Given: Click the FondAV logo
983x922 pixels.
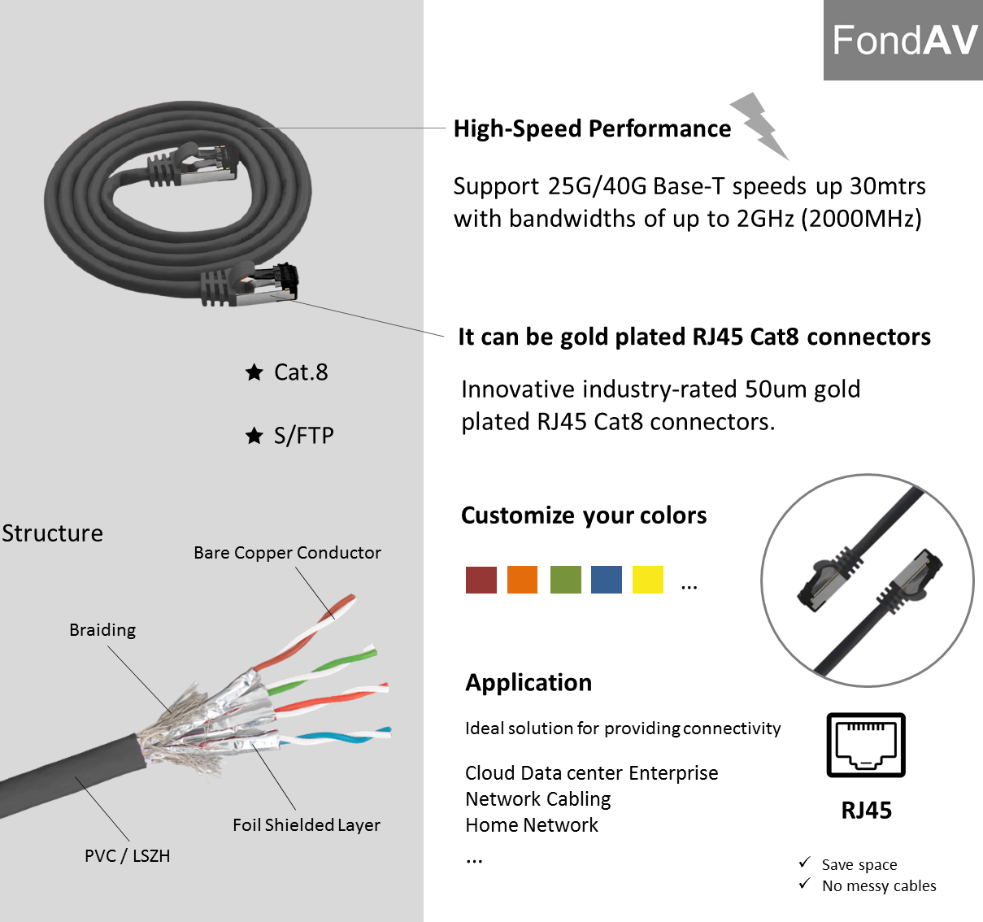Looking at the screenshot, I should (x=903, y=40).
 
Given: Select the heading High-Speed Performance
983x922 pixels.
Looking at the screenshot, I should (x=592, y=128).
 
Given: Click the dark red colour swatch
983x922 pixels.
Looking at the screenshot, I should (x=481, y=580).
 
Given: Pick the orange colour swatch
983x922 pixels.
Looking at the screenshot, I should (x=522, y=580).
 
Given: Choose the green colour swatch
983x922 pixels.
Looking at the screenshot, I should (x=565, y=580).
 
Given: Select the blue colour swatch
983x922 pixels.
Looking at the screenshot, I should (x=607, y=580).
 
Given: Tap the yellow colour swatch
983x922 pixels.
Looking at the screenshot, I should (x=648, y=580).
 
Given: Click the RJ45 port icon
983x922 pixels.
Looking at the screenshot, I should (x=866, y=745).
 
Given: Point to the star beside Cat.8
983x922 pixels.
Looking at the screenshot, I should (x=254, y=372).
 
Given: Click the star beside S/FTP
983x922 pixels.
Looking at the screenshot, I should (x=254, y=436).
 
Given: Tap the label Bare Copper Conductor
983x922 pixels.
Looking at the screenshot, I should (x=287, y=553).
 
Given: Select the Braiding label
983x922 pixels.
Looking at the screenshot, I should (x=102, y=630).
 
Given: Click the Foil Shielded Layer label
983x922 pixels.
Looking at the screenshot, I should (x=307, y=825).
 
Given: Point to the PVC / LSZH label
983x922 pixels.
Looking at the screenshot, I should (x=128, y=856).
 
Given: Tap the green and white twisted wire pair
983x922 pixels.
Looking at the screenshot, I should (x=325, y=669).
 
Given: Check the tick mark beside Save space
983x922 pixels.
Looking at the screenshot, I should (x=805, y=863).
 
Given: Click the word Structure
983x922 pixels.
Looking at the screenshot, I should (x=53, y=533).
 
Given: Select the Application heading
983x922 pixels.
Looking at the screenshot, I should (x=528, y=683).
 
